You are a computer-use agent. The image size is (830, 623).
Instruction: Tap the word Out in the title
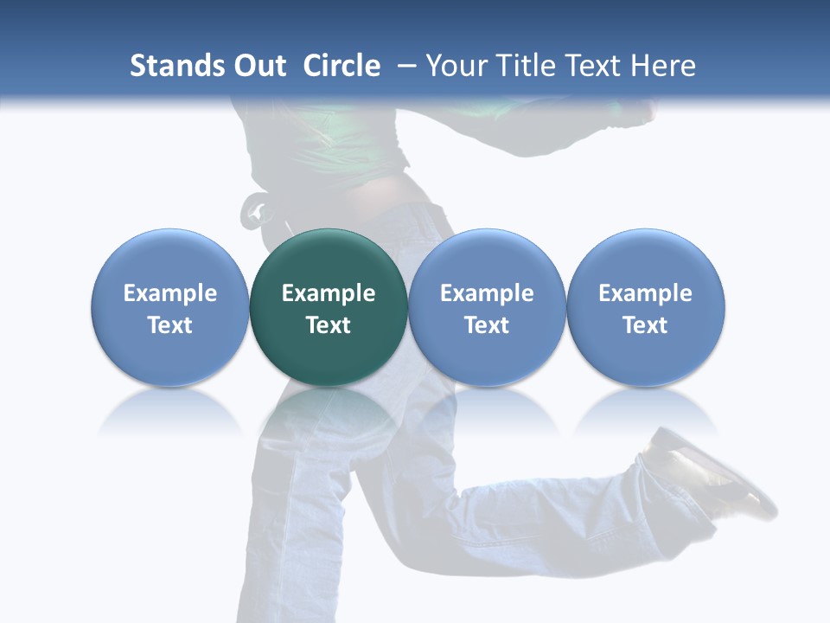[258, 66]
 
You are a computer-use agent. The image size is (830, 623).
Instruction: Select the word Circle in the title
[342, 66]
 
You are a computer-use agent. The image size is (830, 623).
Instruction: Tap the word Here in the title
[663, 66]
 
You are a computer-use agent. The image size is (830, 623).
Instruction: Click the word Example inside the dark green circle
[329, 293]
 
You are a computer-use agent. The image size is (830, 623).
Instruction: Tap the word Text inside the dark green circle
[329, 325]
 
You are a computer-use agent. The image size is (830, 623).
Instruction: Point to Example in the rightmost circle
[646, 293]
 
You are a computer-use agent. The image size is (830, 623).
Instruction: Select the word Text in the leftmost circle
[170, 325]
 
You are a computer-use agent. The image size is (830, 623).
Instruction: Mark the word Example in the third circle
[487, 293]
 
